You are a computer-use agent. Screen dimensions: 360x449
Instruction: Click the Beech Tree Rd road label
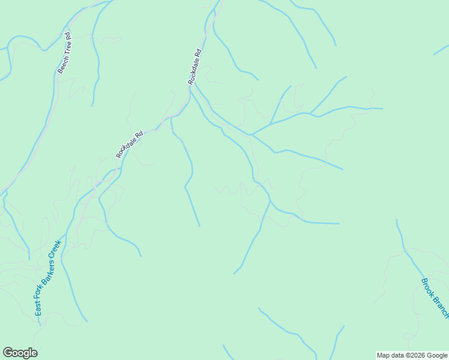coord(65,53)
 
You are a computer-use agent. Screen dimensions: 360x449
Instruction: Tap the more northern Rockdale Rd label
coord(194,66)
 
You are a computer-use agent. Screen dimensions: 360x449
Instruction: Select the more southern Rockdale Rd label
coord(130,145)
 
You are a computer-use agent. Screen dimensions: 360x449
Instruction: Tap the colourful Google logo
coord(20,353)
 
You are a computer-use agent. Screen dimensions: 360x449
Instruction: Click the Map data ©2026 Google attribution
coord(412,355)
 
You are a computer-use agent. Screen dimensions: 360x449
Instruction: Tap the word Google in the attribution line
coord(438,355)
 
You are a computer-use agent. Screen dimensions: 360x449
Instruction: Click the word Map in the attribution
coord(383,355)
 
